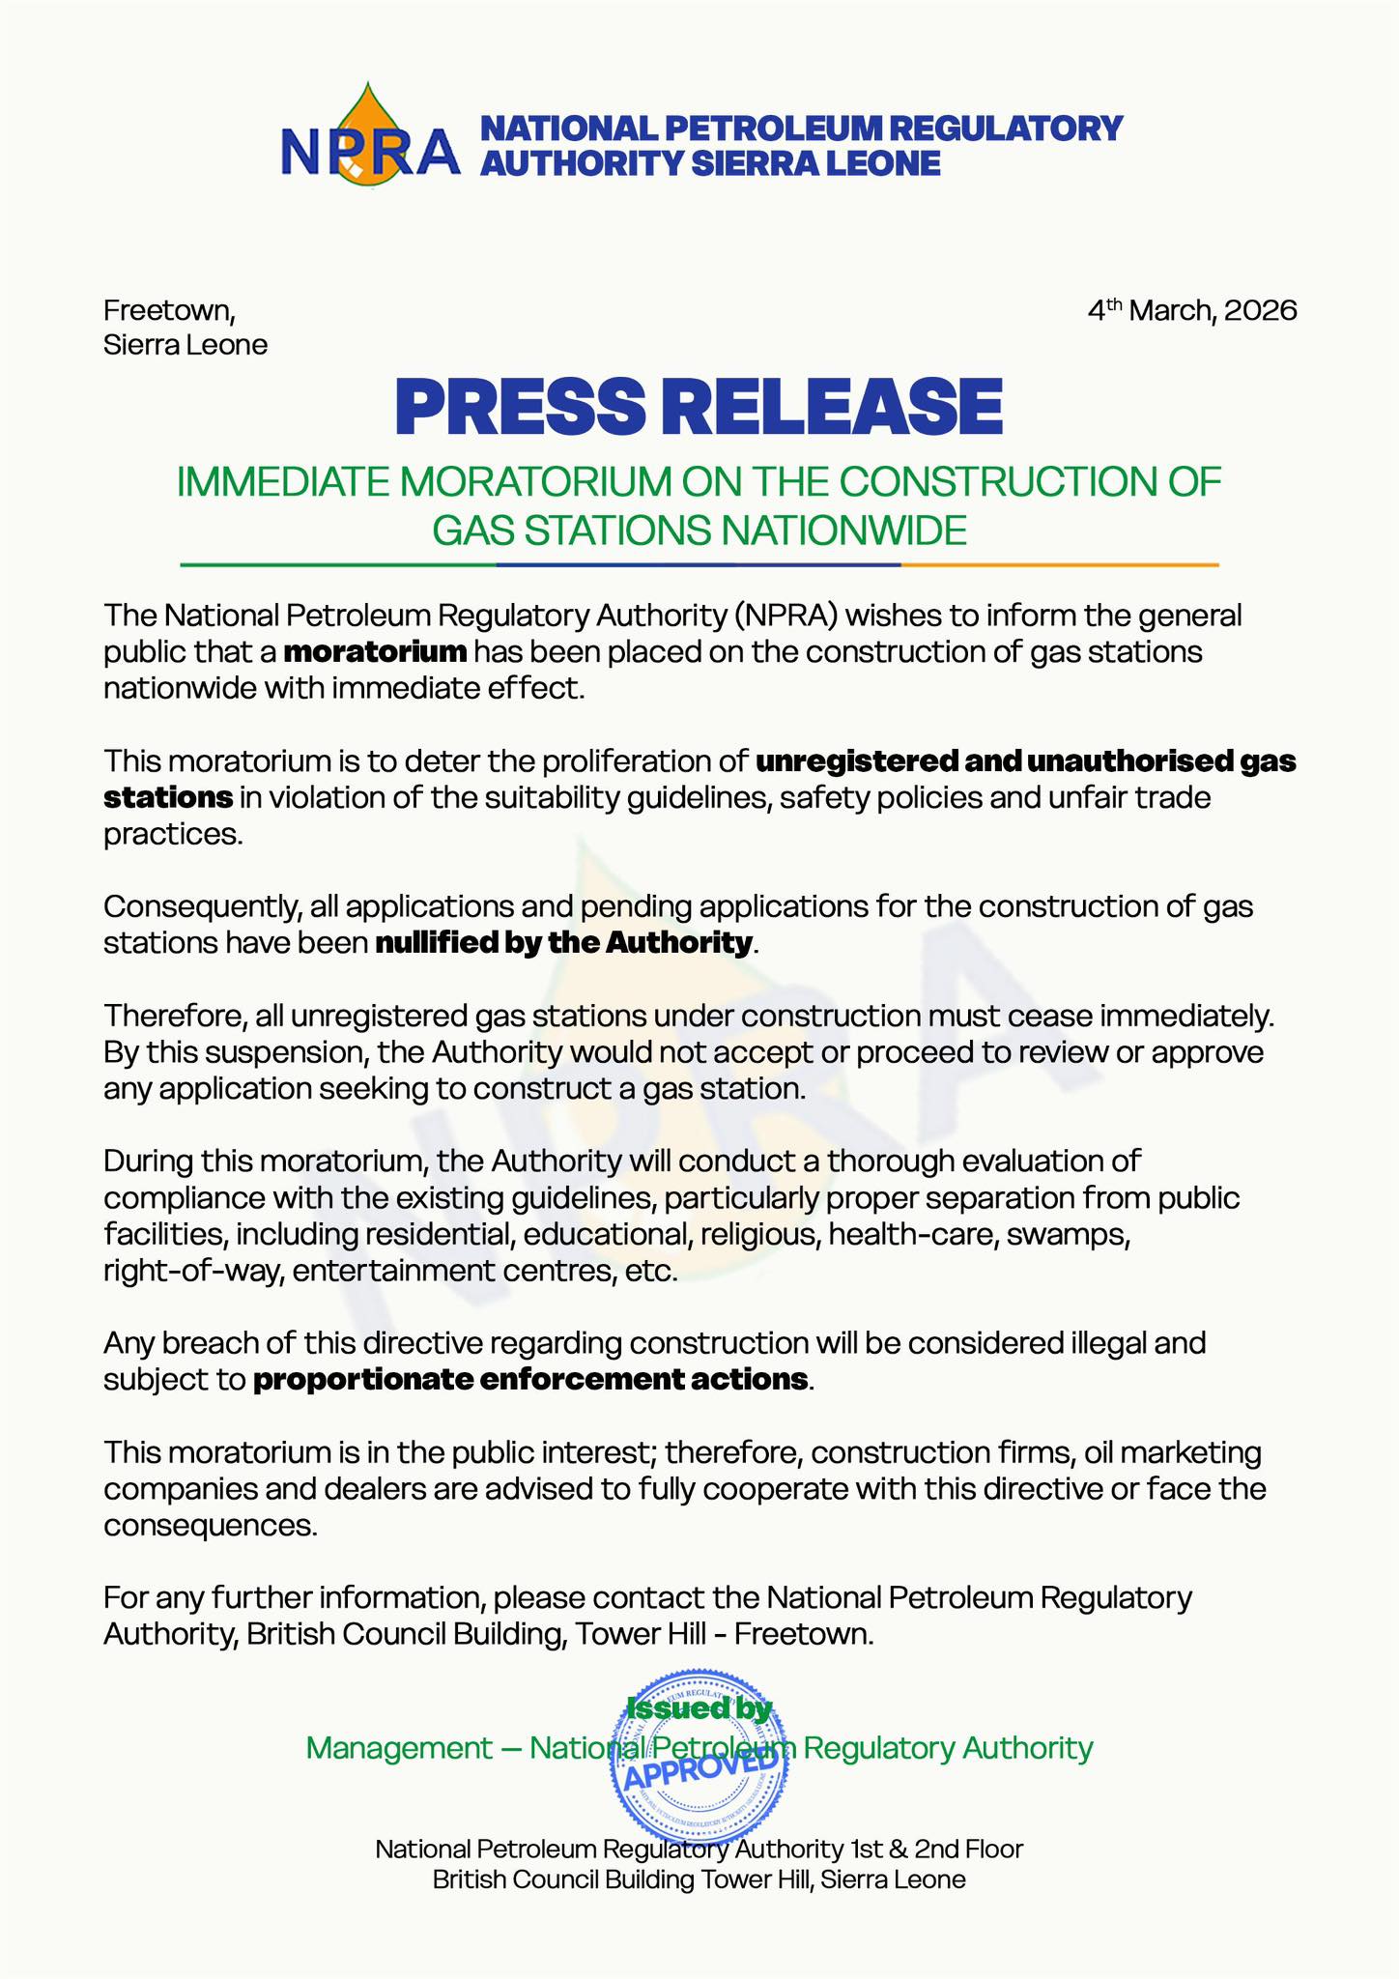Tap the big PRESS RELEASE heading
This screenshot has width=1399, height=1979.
(x=699, y=407)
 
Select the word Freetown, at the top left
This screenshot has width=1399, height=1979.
(x=169, y=311)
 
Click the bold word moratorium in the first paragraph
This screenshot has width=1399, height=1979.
(x=376, y=652)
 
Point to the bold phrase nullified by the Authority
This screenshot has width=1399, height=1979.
(x=562, y=943)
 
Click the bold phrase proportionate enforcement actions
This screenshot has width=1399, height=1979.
(x=530, y=1379)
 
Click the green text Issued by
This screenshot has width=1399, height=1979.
(x=699, y=1708)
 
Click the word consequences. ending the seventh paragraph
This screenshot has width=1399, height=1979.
(x=210, y=1526)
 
